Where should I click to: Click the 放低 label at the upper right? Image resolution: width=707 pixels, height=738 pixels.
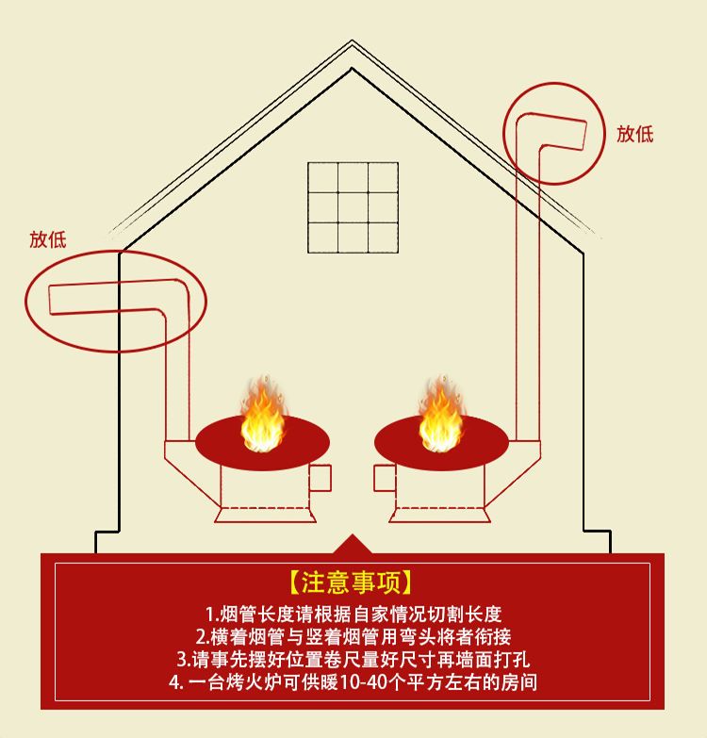[x=634, y=134]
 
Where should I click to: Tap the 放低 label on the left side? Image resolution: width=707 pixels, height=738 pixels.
[x=48, y=239]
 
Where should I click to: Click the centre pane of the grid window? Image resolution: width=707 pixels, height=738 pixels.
[x=353, y=206]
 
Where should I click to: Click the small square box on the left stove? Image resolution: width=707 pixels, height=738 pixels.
[x=321, y=478]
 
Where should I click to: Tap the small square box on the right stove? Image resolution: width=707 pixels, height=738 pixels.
[x=385, y=478]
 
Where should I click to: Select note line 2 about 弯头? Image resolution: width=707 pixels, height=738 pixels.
[x=353, y=636]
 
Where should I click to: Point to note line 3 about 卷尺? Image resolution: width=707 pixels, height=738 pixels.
[x=353, y=658]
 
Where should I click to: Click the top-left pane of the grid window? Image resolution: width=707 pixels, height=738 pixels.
[x=323, y=177]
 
